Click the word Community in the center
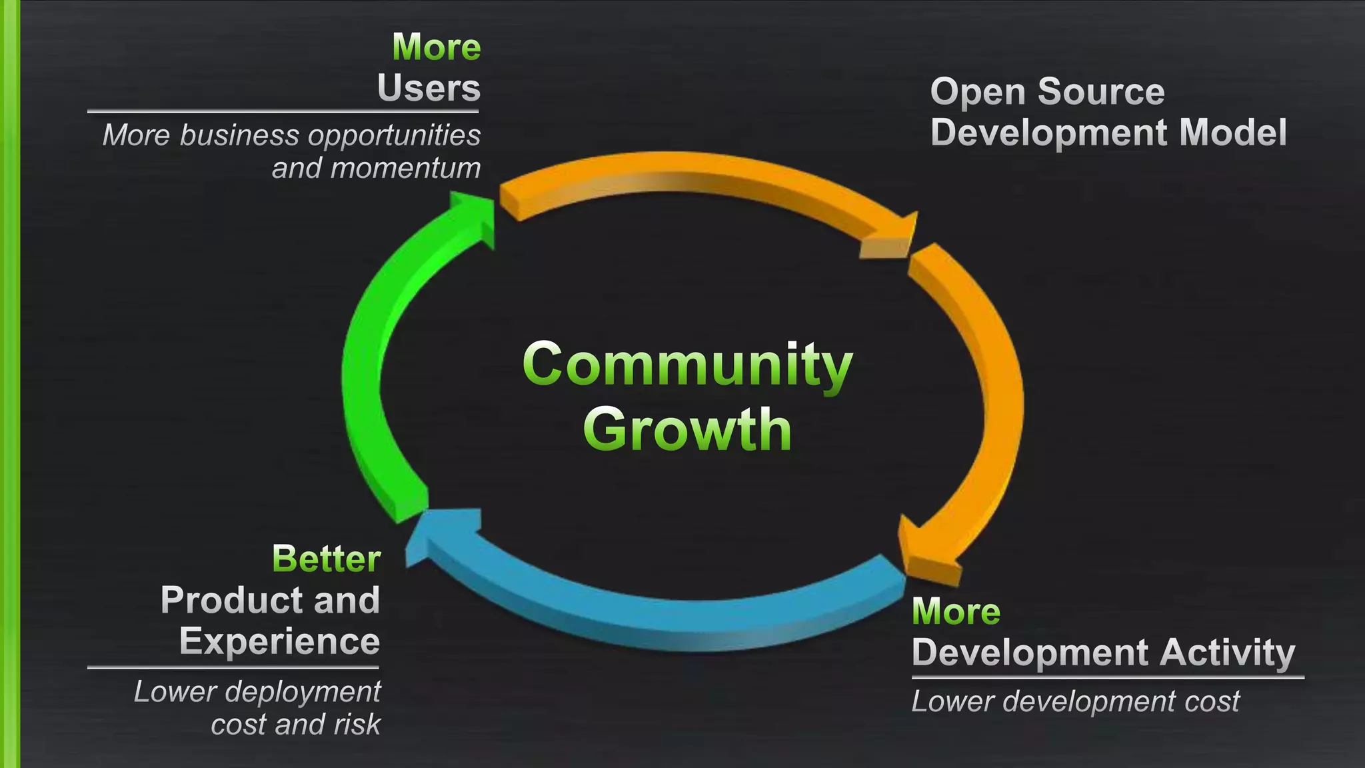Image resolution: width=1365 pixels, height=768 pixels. [687, 365]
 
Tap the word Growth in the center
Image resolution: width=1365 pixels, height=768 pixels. [687, 429]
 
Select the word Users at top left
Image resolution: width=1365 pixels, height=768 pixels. [429, 89]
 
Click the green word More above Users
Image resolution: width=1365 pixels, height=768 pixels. [437, 47]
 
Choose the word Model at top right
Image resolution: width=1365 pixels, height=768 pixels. [1233, 133]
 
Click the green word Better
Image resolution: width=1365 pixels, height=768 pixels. [326, 559]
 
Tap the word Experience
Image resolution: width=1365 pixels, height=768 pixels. [279, 641]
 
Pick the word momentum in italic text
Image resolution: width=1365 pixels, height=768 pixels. [405, 168]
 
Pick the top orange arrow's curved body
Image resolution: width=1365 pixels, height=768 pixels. [693, 173]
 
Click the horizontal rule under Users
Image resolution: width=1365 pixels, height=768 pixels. [283, 111]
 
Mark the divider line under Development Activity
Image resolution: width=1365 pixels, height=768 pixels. [1107, 677]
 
